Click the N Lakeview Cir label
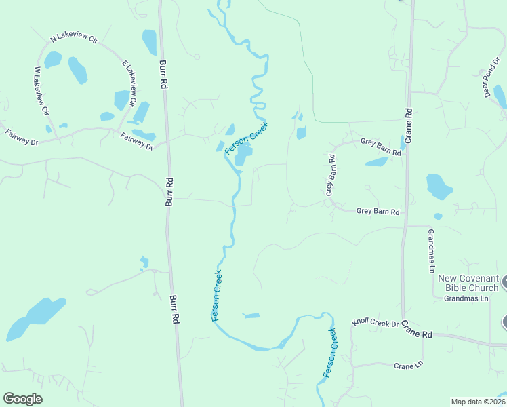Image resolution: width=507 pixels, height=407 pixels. click(x=74, y=40)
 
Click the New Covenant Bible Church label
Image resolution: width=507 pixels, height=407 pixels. click(x=468, y=283)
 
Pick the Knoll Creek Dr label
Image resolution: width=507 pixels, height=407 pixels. click(x=375, y=324)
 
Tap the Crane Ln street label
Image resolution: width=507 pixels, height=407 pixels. click(x=408, y=366)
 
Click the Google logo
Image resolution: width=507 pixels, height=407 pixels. click(x=22, y=399)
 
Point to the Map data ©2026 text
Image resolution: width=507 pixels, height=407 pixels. click(x=478, y=401)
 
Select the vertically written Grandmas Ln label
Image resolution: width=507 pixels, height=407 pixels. click(x=430, y=250)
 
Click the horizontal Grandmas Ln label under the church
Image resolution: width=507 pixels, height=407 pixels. click(x=466, y=298)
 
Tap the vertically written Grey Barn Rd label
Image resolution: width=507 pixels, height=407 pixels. click(x=331, y=176)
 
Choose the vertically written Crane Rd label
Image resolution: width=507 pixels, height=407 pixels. click(x=409, y=125)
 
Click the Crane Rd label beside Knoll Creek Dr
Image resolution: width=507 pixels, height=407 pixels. click(x=415, y=330)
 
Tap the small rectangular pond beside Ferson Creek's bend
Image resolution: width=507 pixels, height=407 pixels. click(x=251, y=315)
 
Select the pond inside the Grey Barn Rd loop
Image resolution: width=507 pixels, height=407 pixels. click(x=377, y=162)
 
